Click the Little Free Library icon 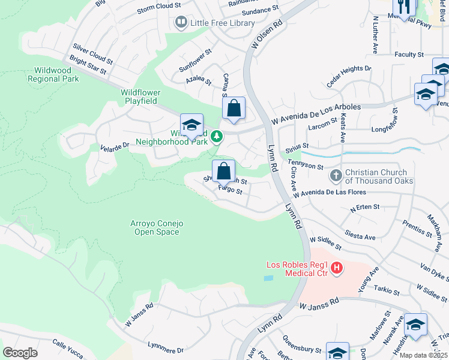[x=181, y=23]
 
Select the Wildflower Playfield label [x=139, y=97]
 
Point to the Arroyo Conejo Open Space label [x=157, y=228]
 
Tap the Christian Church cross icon [x=336, y=176]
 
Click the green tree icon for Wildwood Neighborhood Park [x=217, y=137]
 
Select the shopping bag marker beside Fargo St [x=223, y=170]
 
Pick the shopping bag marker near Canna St [x=234, y=109]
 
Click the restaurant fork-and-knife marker [x=404, y=7]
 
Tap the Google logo [x=20, y=353]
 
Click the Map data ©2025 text [x=423, y=355]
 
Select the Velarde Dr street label [x=115, y=146]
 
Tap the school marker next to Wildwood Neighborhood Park [x=191, y=125]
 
